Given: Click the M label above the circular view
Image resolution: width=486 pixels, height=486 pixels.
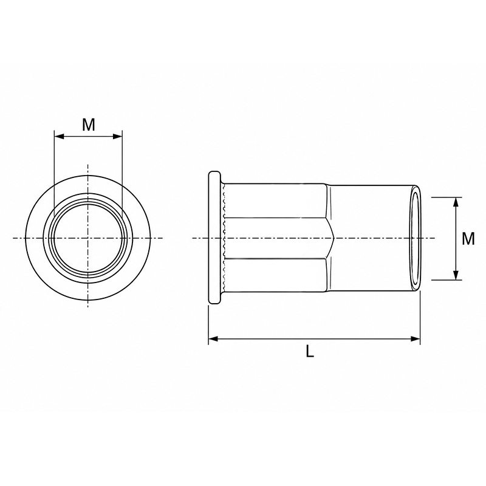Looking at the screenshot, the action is pos(88,125).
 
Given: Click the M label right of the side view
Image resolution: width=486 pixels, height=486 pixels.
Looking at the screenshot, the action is pos(468,239).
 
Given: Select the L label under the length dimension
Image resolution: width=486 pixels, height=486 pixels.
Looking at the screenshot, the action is pos(310,351).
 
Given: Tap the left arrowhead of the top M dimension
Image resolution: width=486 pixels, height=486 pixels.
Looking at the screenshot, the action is pos(59,136).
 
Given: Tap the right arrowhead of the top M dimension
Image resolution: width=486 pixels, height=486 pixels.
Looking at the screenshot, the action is pos(117,136).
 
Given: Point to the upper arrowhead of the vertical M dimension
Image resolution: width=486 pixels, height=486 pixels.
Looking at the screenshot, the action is pos(456,202).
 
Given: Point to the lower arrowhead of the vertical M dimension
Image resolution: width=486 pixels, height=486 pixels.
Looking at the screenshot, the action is pos(456,275).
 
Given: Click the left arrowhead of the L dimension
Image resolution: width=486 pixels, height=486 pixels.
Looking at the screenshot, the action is pos(213,339).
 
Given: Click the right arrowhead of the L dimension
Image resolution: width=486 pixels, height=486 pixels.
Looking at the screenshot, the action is pos(416,339).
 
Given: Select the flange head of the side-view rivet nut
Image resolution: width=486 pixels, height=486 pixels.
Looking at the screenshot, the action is pos(215,238).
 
